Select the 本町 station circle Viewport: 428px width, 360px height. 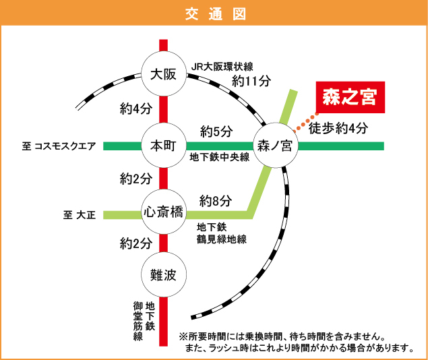coord(163,146)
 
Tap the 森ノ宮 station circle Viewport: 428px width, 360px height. coord(274,146)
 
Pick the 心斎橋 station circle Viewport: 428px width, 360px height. coord(163,212)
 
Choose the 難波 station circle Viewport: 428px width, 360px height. coord(163,274)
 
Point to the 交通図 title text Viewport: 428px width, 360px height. coord(214,13)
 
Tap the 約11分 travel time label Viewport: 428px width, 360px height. coord(251,81)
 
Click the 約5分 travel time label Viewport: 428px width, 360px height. coord(216,130)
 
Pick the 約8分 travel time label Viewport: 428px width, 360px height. coord(216,200)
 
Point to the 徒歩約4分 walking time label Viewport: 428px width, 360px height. coord(338,128)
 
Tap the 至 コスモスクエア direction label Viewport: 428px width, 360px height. coord(59,146)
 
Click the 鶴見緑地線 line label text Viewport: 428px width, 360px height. coord(222,239)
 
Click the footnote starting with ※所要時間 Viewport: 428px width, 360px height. coord(282,336)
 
